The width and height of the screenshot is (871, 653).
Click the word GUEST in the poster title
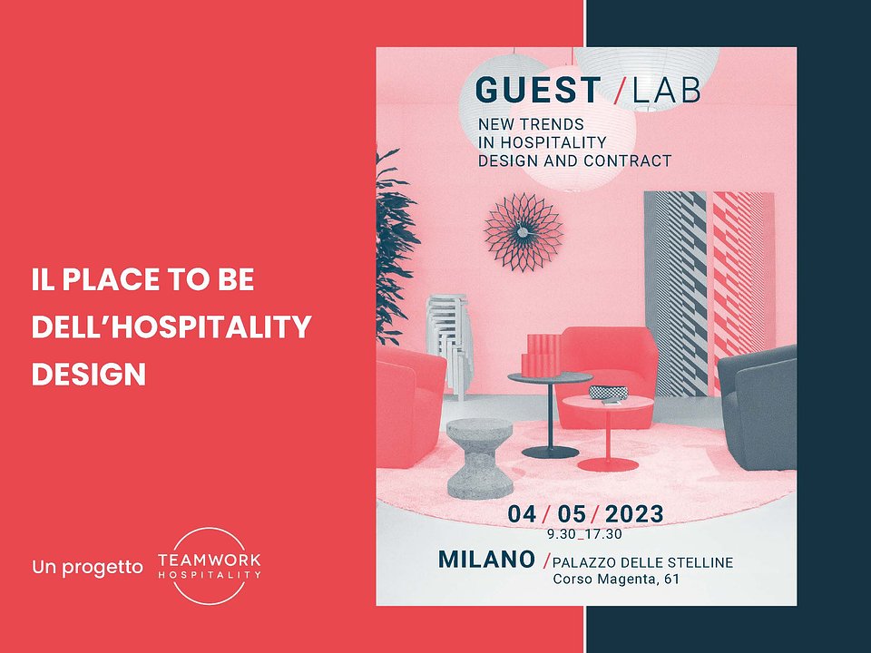click(538, 90)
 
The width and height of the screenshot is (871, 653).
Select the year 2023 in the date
click(634, 514)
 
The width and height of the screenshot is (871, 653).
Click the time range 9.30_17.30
click(584, 535)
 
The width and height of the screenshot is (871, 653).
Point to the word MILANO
click(486, 560)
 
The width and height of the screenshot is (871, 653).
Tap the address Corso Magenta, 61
click(616, 580)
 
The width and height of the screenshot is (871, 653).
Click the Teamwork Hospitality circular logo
click(210, 566)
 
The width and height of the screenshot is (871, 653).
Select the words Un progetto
click(87, 568)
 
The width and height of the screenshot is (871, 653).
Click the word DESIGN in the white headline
click(89, 375)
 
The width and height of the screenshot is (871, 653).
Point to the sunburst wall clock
click(524, 232)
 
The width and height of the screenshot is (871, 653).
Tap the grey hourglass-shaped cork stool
click(480, 458)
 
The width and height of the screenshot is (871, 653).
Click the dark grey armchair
click(758, 407)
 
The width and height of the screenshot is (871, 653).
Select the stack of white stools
click(449, 346)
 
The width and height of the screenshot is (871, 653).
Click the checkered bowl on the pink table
click(608, 393)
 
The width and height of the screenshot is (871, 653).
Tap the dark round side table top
click(550, 377)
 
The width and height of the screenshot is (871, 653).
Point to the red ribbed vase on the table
click(542, 355)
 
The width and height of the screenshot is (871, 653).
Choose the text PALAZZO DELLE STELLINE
click(642, 562)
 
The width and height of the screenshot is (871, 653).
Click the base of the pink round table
click(608, 464)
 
